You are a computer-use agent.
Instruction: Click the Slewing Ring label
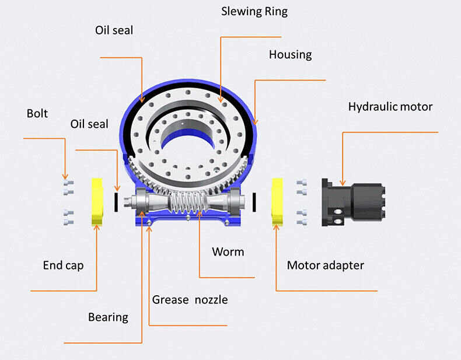(254, 12)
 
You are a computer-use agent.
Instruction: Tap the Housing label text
(291, 55)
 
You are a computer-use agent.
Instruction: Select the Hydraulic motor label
(390, 107)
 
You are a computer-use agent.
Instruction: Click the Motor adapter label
(326, 265)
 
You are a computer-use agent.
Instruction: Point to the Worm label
(228, 252)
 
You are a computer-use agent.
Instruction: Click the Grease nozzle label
(190, 300)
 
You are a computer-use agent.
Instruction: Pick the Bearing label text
(108, 317)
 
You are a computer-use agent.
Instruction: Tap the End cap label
(63, 265)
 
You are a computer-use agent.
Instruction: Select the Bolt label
(37, 113)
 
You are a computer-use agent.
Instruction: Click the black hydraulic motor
(354, 202)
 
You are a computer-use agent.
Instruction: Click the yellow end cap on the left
(97, 202)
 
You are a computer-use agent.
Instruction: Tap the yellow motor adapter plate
(277, 202)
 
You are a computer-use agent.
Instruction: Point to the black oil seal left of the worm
(116, 202)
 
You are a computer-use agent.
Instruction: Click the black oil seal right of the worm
(254, 202)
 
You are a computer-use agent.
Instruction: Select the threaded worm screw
(188, 203)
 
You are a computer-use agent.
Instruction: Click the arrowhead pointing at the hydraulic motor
(343, 183)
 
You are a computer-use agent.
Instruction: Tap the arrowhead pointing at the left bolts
(65, 176)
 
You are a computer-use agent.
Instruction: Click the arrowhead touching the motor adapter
(276, 228)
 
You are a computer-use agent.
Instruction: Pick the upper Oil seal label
(114, 30)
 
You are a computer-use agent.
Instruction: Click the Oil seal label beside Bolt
(89, 124)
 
